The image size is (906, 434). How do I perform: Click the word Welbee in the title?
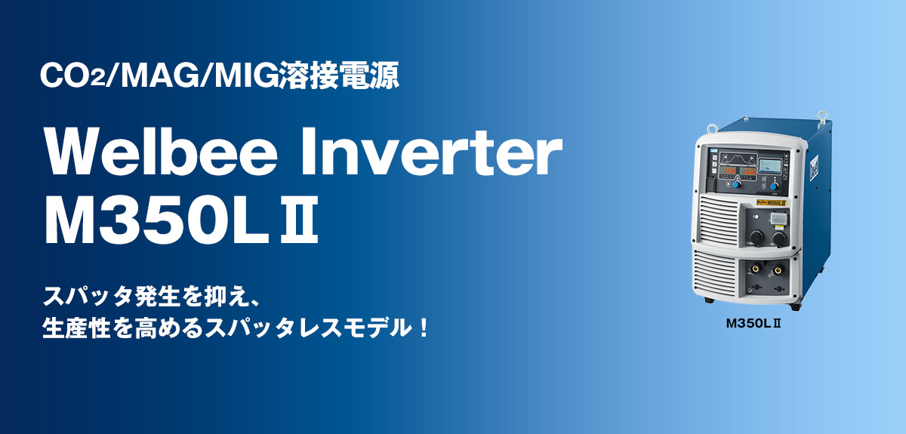[x=161, y=151]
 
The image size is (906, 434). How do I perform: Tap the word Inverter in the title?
[x=431, y=151]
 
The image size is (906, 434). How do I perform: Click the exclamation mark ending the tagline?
[x=424, y=328]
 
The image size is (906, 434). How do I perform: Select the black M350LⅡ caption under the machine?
[x=753, y=324]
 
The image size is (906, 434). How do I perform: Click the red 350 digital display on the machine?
[x=729, y=171]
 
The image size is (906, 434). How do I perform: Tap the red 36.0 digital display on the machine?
[x=750, y=171]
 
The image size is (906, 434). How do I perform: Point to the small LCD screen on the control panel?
[x=770, y=166]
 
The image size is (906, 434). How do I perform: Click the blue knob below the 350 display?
[x=737, y=184]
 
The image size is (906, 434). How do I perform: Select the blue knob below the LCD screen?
[x=774, y=186]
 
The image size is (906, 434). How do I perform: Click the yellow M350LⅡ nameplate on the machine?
[x=772, y=202]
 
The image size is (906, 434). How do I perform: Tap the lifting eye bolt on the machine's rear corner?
[x=821, y=116]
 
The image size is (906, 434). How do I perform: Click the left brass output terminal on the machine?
[x=755, y=268]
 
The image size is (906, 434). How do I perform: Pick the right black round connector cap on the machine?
[x=779, y=238]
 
